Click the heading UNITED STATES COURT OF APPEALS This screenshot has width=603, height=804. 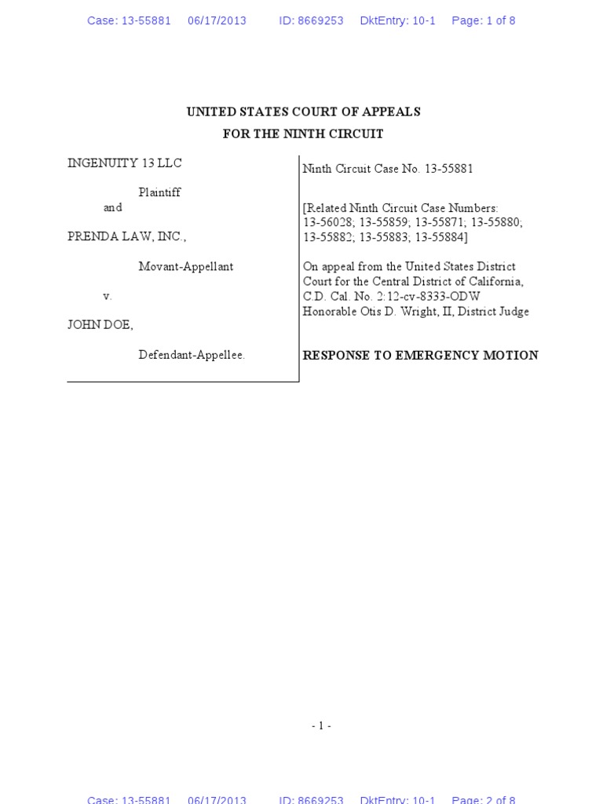(x=303, y=112)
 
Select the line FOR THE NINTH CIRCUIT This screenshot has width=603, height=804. (x=303, y=134)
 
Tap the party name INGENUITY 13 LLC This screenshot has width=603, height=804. (x=125, y=163)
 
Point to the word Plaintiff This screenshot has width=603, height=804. (x=159, y=192)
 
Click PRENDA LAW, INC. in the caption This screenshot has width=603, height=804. (x=127, y=236)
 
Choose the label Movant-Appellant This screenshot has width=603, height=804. (x=185, y=267)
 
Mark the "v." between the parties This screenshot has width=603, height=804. (x=108, y=296)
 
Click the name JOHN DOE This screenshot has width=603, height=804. (x=100, y=325)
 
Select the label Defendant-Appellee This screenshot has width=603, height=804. (x=192, y=355)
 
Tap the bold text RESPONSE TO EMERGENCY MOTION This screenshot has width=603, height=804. (x=420, y=356)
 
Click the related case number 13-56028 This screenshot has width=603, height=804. (x=327, y=222)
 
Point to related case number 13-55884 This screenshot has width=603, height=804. (x=440, y=237)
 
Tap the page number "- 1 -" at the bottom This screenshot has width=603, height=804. (x=321, y=726)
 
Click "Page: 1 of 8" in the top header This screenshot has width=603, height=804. (x=483, y=21)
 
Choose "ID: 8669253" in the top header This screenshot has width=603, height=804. (x=311, y=21)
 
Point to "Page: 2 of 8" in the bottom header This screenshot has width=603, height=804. (x=483, y=799)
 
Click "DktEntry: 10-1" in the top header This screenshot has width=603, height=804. (x=397, y=21)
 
